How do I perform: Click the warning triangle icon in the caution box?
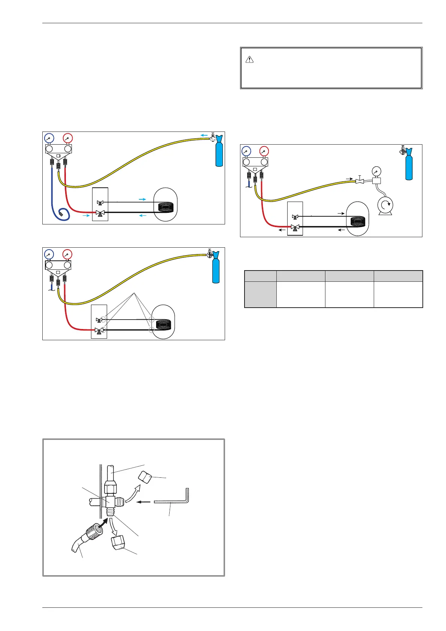[250, 60]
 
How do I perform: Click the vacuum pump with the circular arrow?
[385, 205]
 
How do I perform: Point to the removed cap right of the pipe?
[145, 477]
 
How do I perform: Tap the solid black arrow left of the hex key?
[143, 502]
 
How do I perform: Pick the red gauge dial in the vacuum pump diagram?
[264, 151]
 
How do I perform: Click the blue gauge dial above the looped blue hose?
[49, 138]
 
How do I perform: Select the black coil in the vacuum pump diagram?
[358, 221]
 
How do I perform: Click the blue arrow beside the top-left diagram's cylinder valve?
[204, 135]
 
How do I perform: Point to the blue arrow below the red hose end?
[86, 215]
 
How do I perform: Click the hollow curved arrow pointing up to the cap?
[133, 492]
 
